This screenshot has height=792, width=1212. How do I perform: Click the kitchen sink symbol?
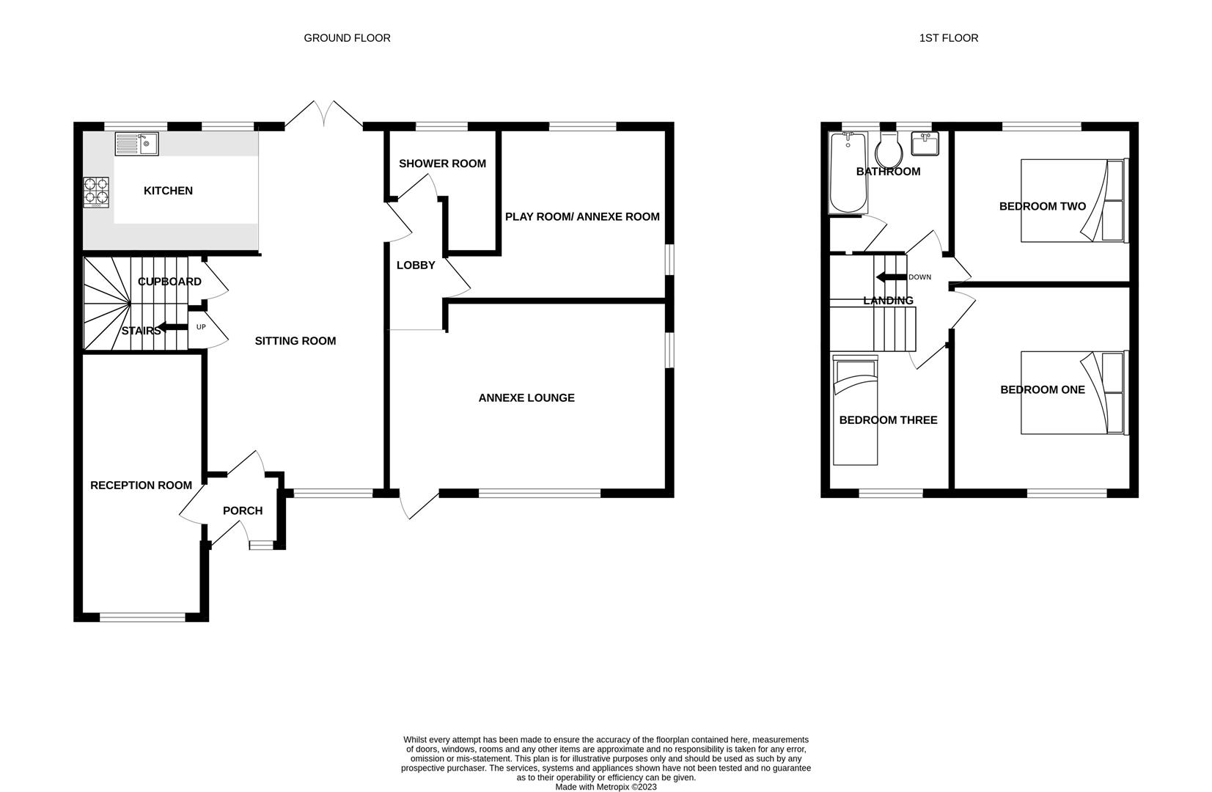tap(136, 144)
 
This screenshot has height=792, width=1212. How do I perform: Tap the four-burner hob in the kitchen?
tap(96, 193)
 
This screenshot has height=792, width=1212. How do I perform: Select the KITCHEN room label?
tap(169, 191)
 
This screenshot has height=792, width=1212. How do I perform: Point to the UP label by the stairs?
tap(201, 327)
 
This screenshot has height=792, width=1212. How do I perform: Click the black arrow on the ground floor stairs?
tap(172, 327)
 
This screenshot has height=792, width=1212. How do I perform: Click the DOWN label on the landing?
tap(920, 277)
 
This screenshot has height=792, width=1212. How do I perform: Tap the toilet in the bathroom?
tap(889, 150)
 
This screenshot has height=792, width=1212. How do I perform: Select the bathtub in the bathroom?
tap(848, 172)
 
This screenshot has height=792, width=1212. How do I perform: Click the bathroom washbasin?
tap(925, 144)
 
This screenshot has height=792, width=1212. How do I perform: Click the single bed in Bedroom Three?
tap(855, 410)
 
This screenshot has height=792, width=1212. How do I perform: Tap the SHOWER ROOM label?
tap(442, 164)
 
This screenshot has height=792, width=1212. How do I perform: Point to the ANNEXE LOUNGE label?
tap(526, 397)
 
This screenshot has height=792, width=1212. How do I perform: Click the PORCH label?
tap(243, 510)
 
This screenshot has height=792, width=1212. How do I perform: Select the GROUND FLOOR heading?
tap(347, 38)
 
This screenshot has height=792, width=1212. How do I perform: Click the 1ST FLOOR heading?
tap(949, 38)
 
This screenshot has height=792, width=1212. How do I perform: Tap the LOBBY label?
tap(416, 265)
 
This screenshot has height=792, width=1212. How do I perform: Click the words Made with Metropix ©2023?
tap(606, 787)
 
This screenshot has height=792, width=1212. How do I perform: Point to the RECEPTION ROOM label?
tap(141, 485)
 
